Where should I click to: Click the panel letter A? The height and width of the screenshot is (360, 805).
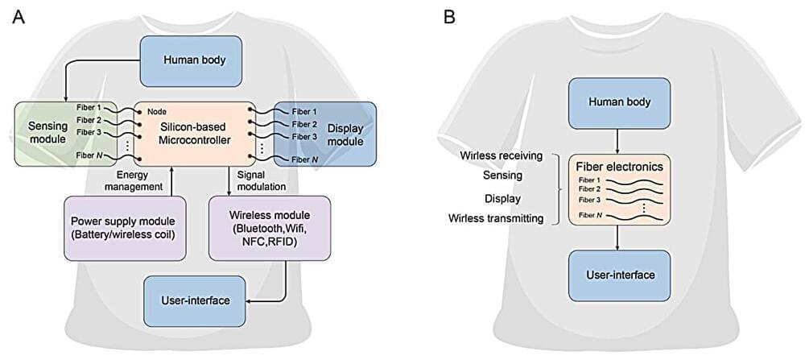pyautogui.click(x=19, y=15)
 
